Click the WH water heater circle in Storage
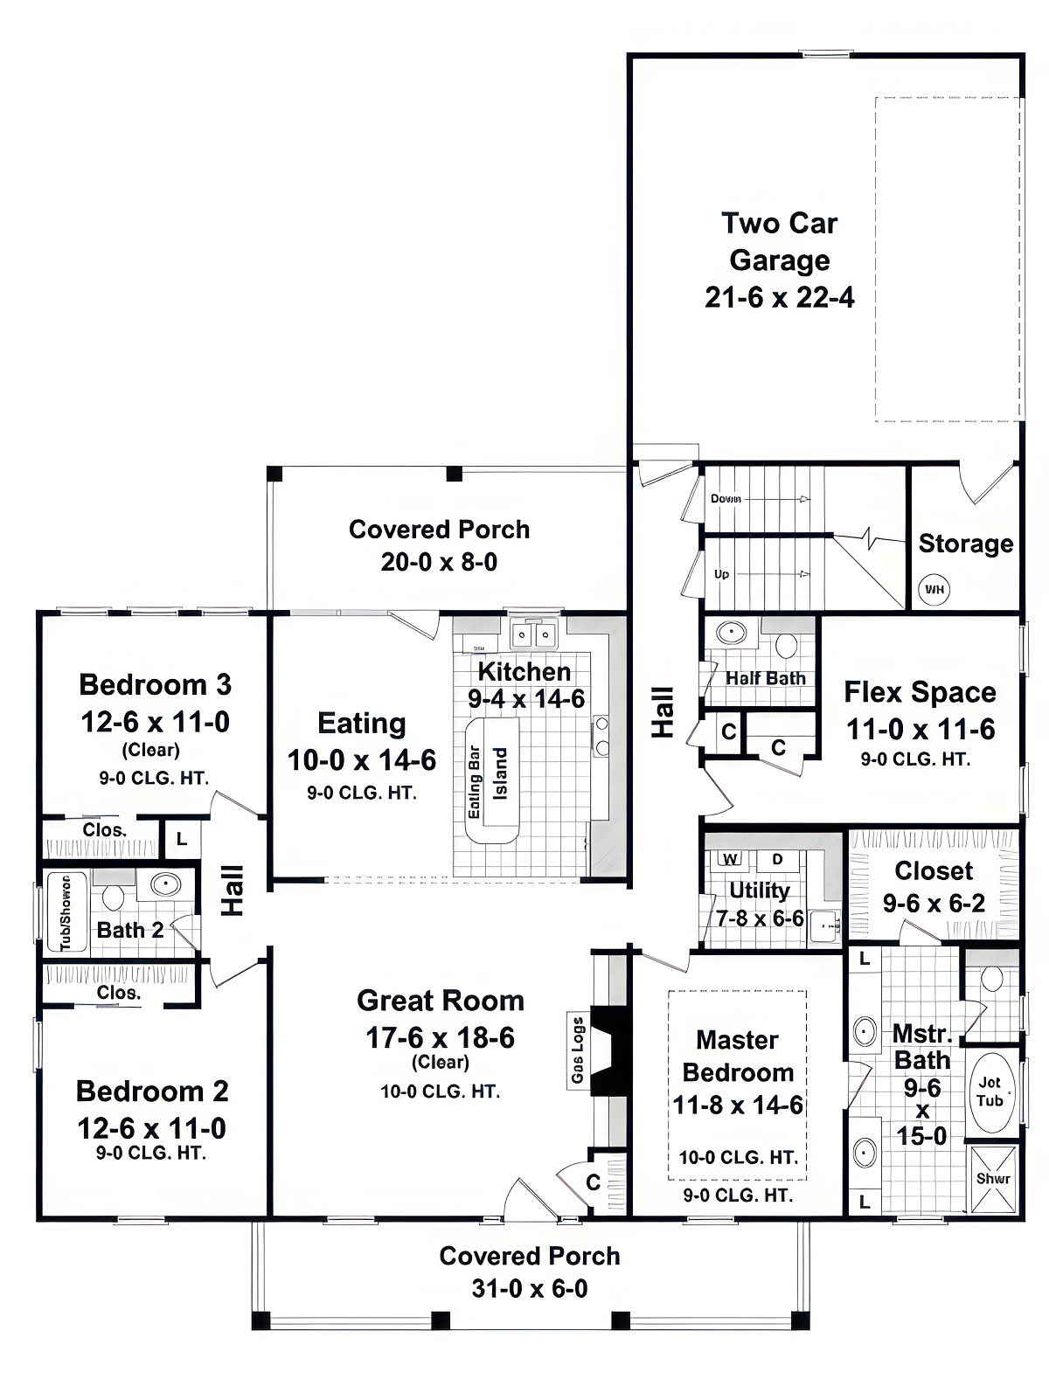click(934, 589)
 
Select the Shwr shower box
click(993, 1178)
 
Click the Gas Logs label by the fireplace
click(578, 1050)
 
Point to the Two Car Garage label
click(779, 241)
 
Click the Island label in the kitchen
click(501, 773)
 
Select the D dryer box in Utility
click(777, 859)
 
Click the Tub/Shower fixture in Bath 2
click(66, 912)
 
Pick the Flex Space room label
click(920, 692)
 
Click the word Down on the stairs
click(726, 498)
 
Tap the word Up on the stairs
click(721, 574)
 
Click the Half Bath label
click(765, 678)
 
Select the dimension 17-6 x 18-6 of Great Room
click(440, 1037)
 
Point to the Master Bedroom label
click(738, 1056)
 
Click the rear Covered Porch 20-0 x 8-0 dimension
click(439, 562)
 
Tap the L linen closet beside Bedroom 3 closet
click(182, 839)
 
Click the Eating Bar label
click(475, 782)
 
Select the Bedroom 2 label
click(152, 1091)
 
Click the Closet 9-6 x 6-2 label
click(934, 870)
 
